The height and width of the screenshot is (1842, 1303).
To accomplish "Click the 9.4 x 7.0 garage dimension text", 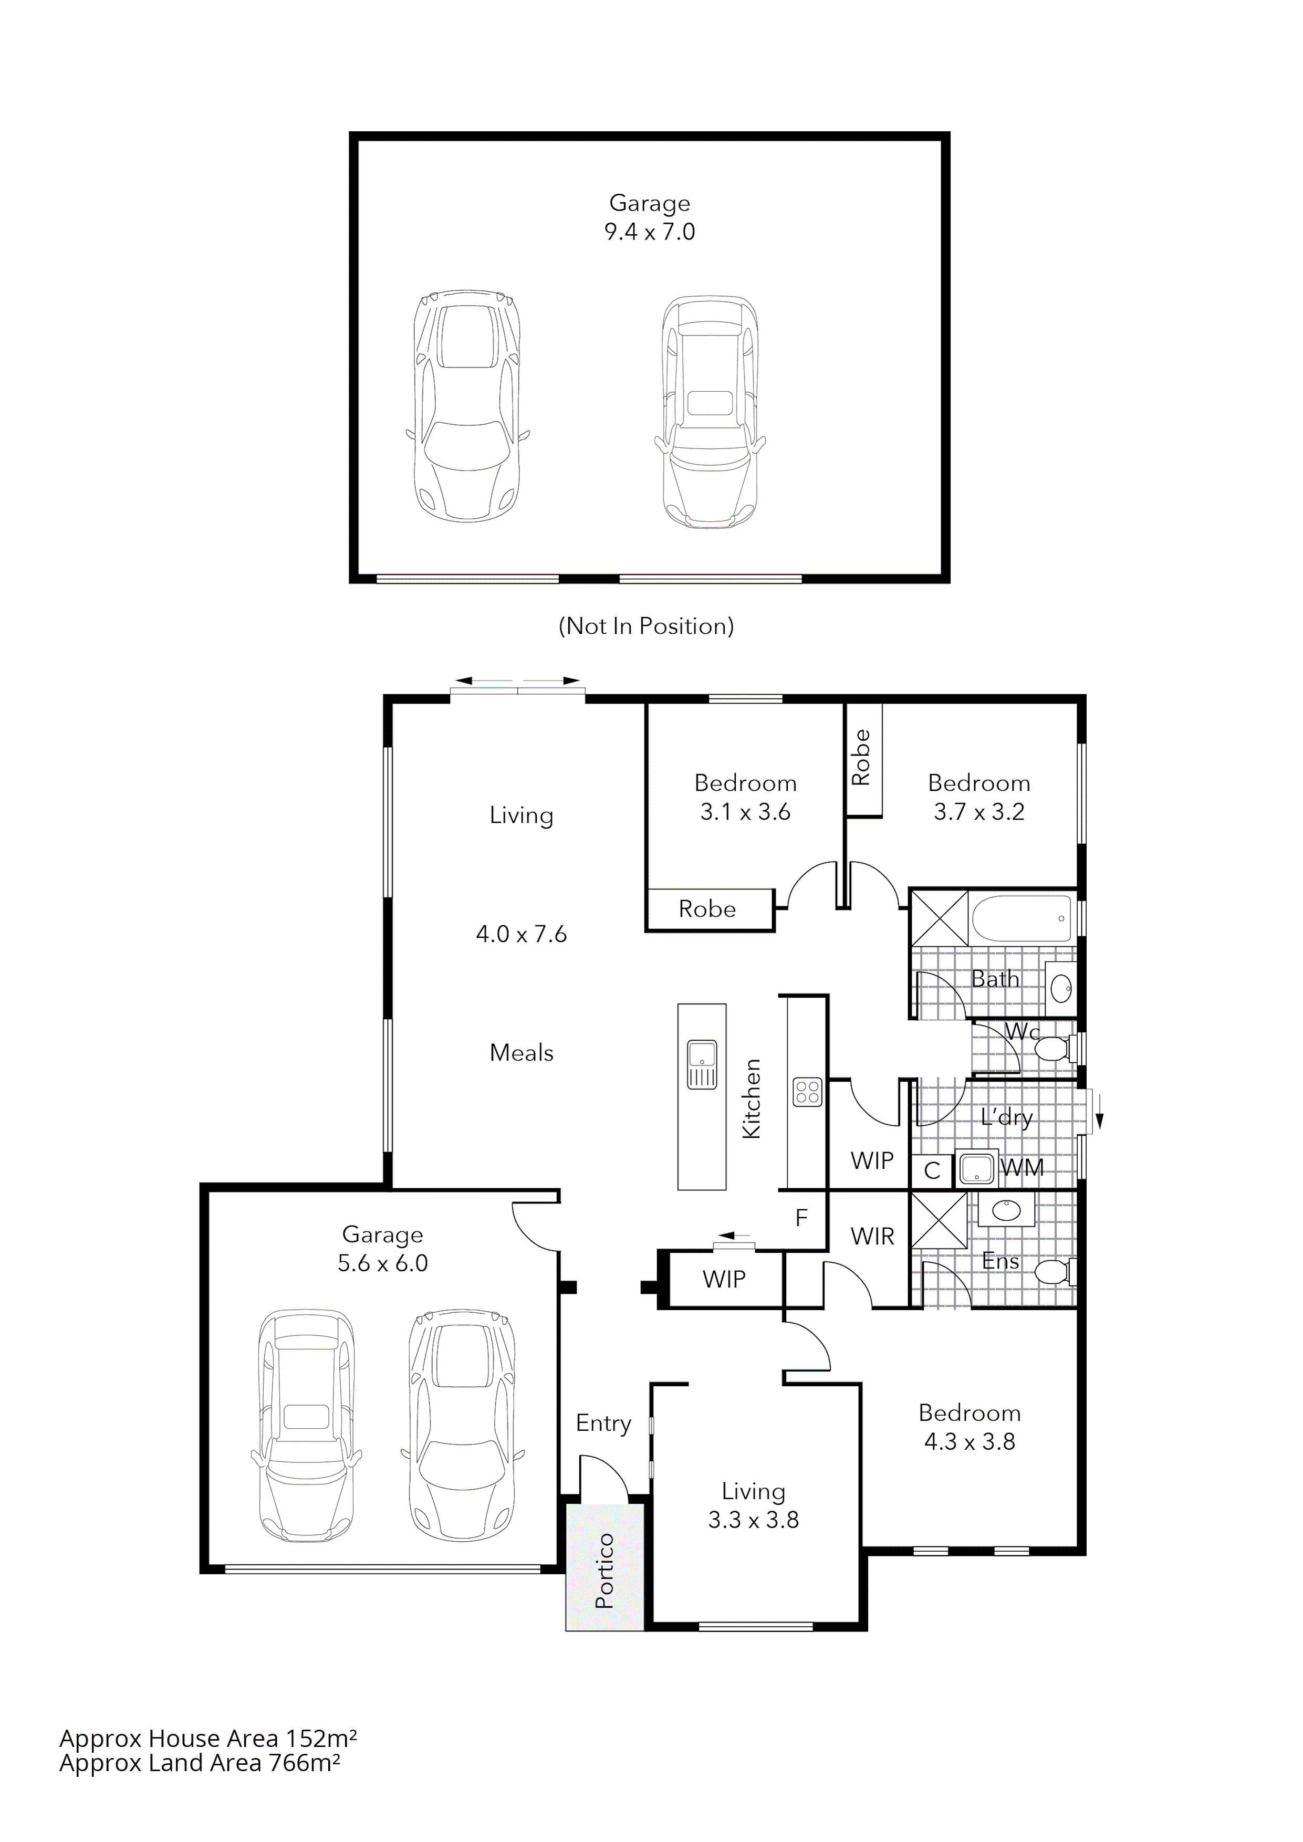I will coord(649,233).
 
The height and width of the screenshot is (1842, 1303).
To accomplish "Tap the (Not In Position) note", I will coord(646,626).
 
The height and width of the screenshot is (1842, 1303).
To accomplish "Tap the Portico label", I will coord(604,1571).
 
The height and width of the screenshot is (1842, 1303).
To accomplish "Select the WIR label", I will coord(872,1236).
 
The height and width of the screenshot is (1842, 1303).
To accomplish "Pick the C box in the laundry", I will coord(932,1170).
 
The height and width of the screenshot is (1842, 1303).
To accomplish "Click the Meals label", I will coord(522,1053).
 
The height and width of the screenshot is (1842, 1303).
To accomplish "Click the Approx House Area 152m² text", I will coord(208,1761).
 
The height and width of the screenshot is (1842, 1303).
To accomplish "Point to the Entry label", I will coord(603,1423).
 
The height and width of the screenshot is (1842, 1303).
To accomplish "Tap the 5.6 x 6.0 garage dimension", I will coord(383,1263).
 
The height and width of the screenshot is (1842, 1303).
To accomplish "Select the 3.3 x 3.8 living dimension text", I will coord(754,1520).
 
